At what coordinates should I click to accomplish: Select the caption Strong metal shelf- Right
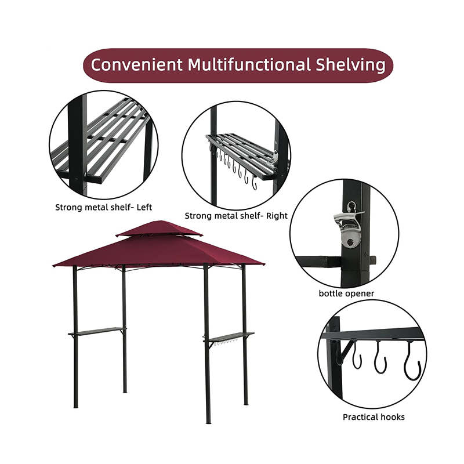coord(236,216)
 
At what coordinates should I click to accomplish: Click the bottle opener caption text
coord(346,293)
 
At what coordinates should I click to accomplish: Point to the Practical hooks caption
coord(374,416)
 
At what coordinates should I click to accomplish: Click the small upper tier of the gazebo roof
coord(159,230)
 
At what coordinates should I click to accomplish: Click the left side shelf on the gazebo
coord(97,332)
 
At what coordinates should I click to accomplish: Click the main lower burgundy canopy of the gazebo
coord(157,252)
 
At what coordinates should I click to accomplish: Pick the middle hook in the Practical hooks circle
coord(380,360)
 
